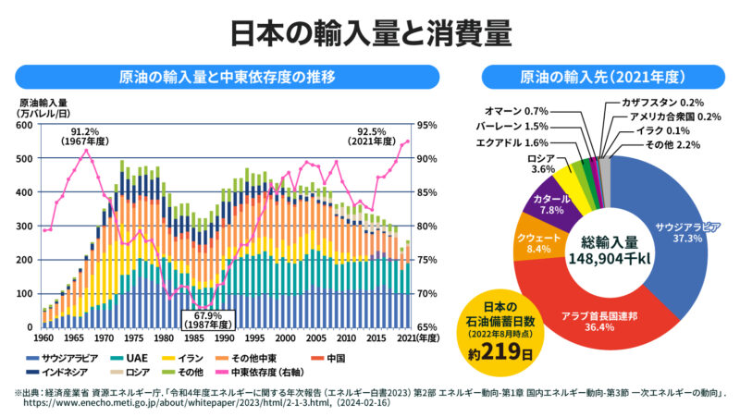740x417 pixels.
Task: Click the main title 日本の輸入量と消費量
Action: coord(370,31)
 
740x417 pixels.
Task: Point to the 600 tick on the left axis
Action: coord(25,125)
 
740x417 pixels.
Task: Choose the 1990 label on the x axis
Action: coord(226,337)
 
